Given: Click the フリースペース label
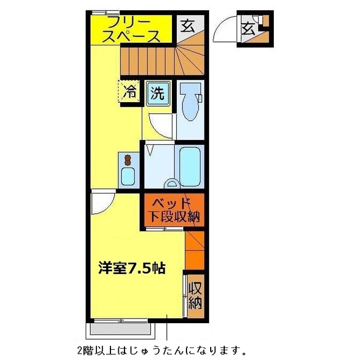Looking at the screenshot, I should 132,29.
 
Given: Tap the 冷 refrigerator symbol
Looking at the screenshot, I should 130,92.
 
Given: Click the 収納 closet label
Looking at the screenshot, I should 195,295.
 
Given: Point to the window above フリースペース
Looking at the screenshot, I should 100,12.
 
